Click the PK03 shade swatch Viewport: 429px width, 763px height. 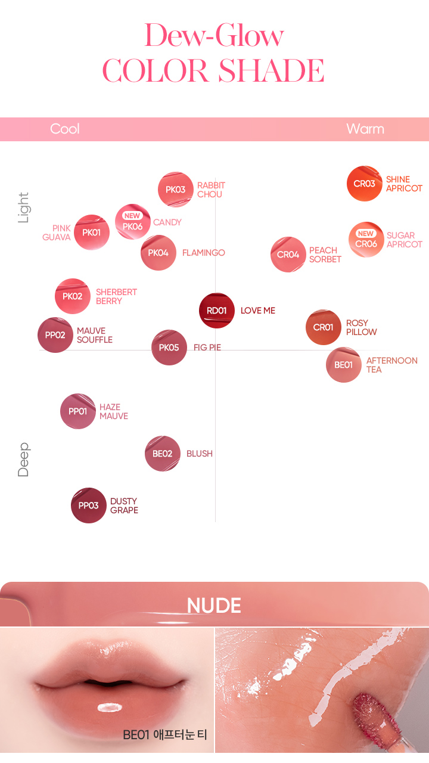point(176,190)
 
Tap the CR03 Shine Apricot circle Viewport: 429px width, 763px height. point(365,184)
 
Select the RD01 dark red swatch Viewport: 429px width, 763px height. point(217,311)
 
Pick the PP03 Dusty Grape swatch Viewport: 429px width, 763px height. point(89,505)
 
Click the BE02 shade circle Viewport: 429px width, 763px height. point(163,454)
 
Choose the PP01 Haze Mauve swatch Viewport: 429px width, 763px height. point(78,411)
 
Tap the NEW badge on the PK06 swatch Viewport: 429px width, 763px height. point(132,216)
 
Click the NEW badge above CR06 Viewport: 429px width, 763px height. point(366,234)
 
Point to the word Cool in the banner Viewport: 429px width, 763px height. point(65,129)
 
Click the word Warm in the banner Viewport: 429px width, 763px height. point(365,129)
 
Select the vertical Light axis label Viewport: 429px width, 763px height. point(23,207)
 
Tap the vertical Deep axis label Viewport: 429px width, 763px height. point(23,460)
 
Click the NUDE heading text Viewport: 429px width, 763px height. point(214,606)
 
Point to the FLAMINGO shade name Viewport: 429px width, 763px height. point(204,253)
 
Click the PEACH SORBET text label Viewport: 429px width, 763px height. point(325,255)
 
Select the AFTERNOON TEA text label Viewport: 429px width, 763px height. point(391,365)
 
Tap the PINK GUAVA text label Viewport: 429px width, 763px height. point(57,232)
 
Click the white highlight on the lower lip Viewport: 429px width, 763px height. point(110,708)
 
